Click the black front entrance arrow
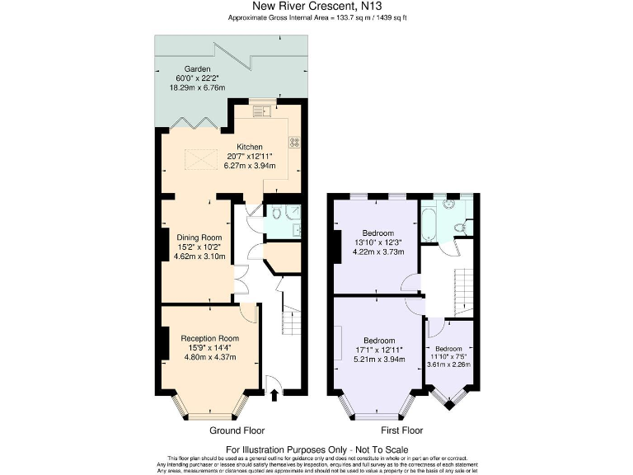(274, 397)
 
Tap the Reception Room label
(210, 338)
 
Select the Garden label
(199, 69)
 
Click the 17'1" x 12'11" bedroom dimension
(379, 350)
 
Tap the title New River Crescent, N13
(316, 7)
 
